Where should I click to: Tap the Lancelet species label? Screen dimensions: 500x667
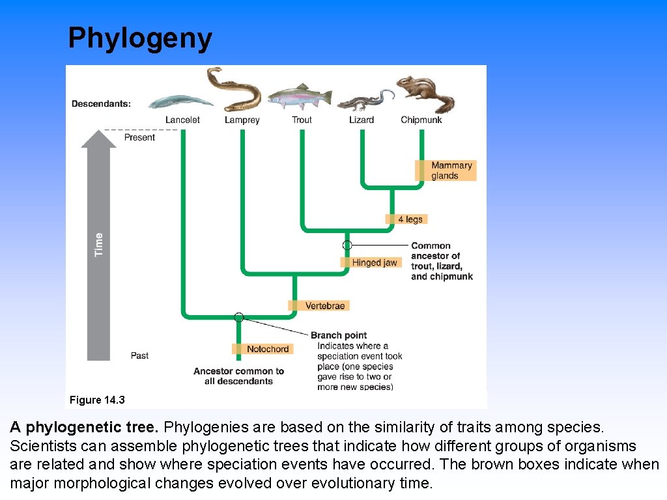tap(182, 120)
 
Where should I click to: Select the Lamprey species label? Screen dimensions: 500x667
tap(242, 120)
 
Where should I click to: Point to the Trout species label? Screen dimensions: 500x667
tap(302, 120)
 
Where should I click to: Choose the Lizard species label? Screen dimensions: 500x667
tap(362, 120)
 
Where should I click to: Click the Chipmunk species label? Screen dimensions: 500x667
tap(421, 120)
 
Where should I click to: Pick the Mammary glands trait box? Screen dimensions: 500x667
tap(446, 171)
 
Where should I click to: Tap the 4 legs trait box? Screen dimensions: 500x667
tap(407, 219)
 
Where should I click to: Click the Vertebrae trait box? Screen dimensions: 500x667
tap(319, 305)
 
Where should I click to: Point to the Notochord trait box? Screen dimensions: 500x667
tap(263, 349)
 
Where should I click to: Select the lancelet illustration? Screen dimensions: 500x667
tap(180, 102)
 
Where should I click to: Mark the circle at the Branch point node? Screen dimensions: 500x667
tap(239, 317)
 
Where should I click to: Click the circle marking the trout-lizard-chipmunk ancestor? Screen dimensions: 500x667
tap(347, 245)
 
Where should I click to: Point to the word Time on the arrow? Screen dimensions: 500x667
tap(99, 244)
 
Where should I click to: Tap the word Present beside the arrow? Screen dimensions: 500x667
tap(139, 137)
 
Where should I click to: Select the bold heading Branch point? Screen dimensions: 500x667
tap(339, 336)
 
